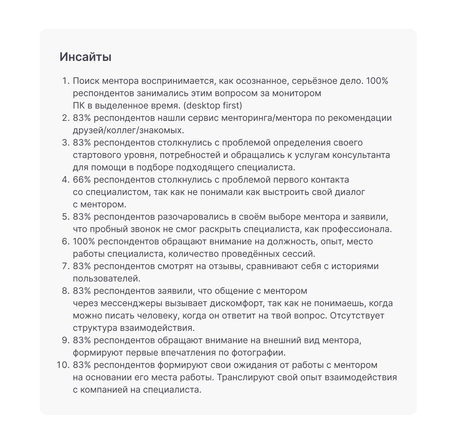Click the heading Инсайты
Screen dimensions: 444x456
pos(85,57)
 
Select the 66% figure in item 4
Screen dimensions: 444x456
pos(81,180)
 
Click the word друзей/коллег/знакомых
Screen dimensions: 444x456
pos(128,130)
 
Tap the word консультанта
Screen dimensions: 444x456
pos(361,155)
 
